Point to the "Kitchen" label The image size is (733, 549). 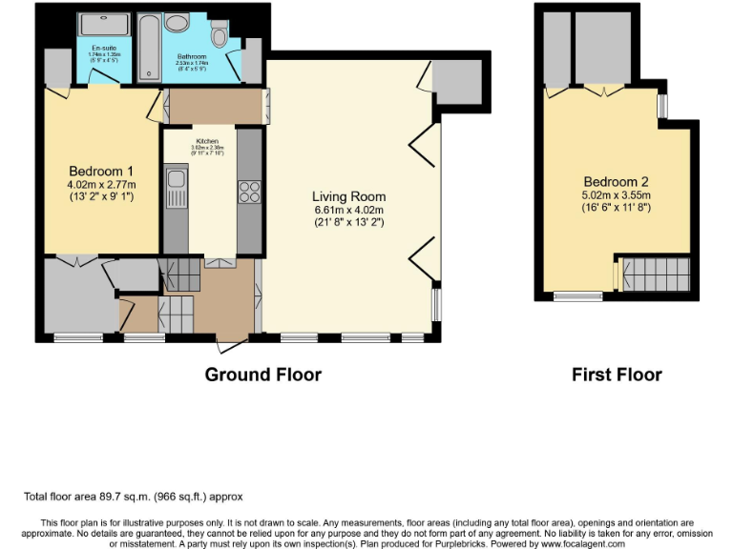click(207, 141)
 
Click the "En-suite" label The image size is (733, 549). click(104, 48)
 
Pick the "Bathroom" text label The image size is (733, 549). click(192, 56)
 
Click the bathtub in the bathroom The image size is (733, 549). click(149, 47)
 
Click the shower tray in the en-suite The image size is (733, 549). click(95, 26)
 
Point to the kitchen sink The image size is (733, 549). click(176, 187)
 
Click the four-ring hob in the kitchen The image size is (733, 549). click(248, 192)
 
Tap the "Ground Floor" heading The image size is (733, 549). click(263, 375)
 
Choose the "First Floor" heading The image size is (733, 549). click(617, 375)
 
